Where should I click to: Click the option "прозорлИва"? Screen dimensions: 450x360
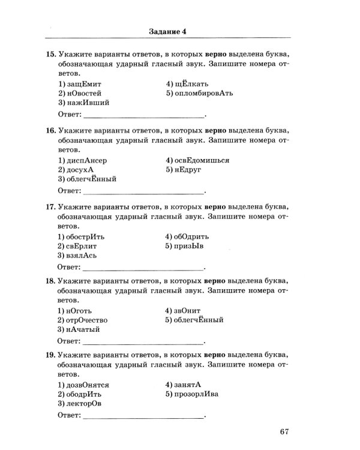coord(199,395)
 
